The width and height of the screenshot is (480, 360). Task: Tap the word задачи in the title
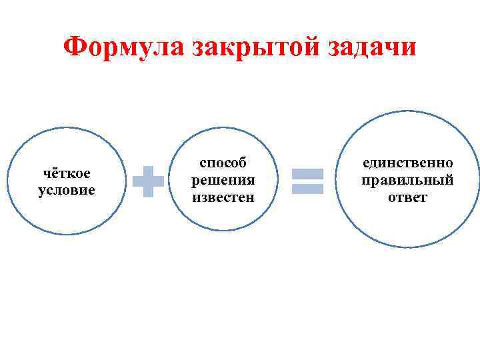point(371,47)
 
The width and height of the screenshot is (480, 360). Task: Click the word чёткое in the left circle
point(67,173)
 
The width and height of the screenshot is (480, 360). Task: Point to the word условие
point(67,190)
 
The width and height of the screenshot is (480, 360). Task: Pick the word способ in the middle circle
point(223,163)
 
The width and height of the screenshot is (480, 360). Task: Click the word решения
point(223,180)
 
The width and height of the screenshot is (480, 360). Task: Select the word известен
point(223,197)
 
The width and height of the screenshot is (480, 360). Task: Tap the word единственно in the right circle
point(407,163)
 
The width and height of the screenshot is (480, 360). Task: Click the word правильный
point(407,180)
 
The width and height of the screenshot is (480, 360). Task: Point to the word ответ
point(407,197)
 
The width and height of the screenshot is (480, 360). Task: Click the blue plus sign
point(148,181)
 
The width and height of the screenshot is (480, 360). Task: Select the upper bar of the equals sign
point(308,173)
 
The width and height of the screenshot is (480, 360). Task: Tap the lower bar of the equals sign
point(308,189)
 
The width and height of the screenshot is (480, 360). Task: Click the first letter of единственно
point(366,164)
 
